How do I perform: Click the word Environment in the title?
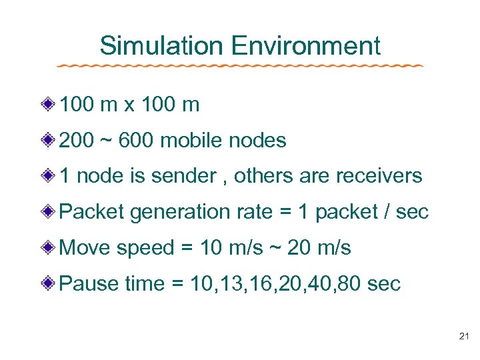[x=306, y=46]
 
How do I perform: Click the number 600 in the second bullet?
[x=137, y=141]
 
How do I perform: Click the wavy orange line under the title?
[x=240, y=66]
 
